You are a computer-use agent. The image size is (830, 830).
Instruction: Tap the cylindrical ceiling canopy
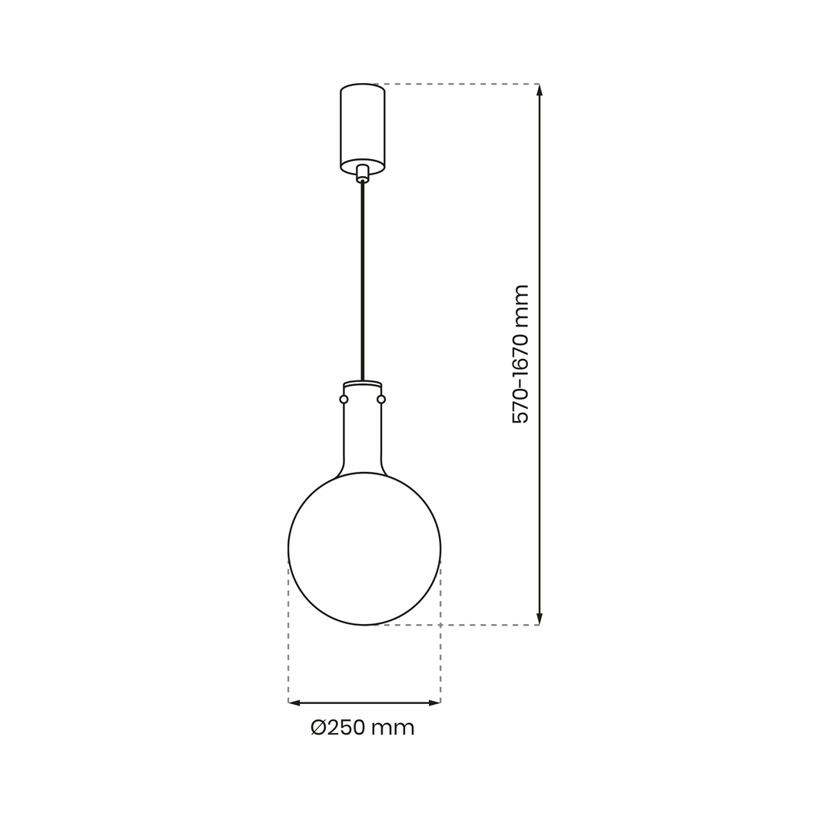click(x=362, y=127)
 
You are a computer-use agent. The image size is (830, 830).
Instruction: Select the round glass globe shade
click(x=364, y=549)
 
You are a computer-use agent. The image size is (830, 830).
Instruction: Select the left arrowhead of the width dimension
click(x=294, y=702)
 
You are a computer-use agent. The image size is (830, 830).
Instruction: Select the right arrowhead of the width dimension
click(x=434, y=702)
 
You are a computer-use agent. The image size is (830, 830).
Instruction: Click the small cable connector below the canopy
click(x=362, y=173)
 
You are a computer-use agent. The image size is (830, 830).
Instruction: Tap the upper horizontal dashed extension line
click(x=461, y=84)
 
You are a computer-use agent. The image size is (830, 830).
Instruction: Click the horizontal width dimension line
click(x=364, y=702)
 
